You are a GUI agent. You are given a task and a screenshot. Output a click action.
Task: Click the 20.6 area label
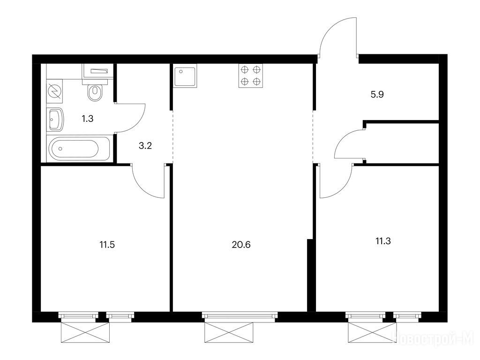(x=241, y=245)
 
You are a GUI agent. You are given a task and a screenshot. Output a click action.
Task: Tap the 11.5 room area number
(x=107, y=245)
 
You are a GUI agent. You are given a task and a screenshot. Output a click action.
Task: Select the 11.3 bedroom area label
(x=383, y=241)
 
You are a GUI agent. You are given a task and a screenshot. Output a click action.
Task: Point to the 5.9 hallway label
(x=377, y=94)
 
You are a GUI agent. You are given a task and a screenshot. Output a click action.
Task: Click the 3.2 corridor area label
(x=145, y=145)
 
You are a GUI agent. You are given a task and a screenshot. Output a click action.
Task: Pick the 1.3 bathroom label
(x=88, y=119)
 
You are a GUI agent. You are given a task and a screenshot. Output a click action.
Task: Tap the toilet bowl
(x=95, y=92)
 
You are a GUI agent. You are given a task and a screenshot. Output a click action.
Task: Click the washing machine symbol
(x=55, y=91)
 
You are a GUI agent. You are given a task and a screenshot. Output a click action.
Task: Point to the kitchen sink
(x=185, y=75)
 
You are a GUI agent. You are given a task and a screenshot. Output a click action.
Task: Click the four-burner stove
(x=251, y=75)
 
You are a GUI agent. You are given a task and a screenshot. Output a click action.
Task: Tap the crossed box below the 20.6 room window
(x=229, y=332)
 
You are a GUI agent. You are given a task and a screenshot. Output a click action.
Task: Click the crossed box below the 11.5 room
(x=85, y=332)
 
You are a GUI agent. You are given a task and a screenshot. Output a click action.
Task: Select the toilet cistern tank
(x=97, y=71)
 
